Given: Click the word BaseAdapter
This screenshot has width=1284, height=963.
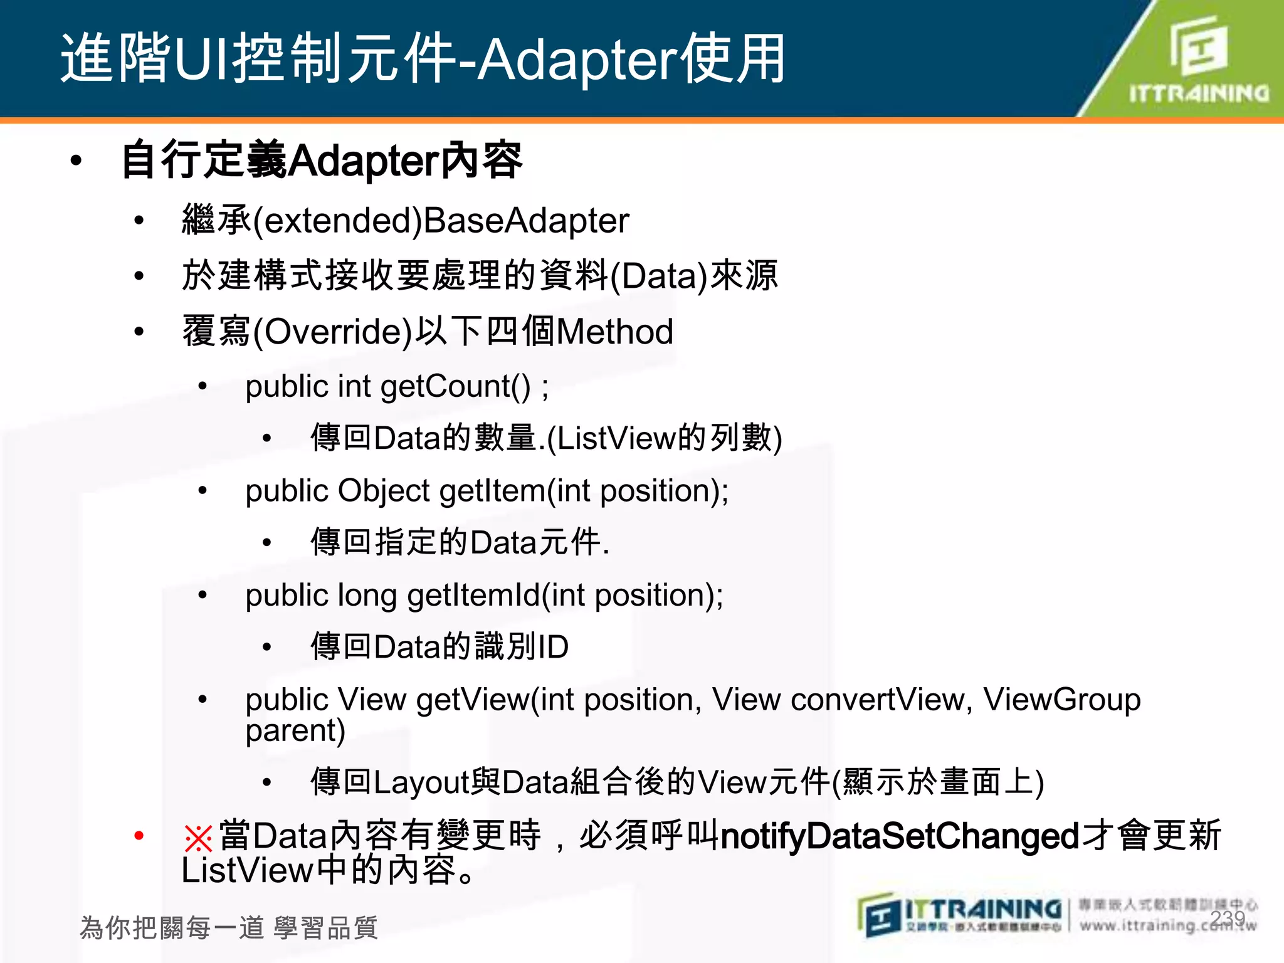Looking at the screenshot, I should [525, 221].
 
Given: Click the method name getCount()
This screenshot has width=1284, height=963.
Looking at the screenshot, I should [455, 386].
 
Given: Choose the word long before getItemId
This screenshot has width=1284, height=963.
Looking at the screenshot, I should [367, 595].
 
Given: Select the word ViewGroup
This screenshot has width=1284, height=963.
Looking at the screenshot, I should [1061, 699].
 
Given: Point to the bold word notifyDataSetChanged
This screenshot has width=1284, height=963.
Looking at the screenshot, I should [900, 836].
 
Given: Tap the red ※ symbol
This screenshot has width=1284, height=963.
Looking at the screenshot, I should [198, 838].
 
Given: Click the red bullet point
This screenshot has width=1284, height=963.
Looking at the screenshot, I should [139, 835].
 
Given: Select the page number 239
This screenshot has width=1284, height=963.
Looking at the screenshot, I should [1228, 919].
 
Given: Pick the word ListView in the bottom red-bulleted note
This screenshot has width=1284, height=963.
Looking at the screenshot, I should [247, 871].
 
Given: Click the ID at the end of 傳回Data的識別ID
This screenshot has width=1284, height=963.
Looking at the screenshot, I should [553, 647].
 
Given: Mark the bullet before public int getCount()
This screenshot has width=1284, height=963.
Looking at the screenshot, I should [203, 386].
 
